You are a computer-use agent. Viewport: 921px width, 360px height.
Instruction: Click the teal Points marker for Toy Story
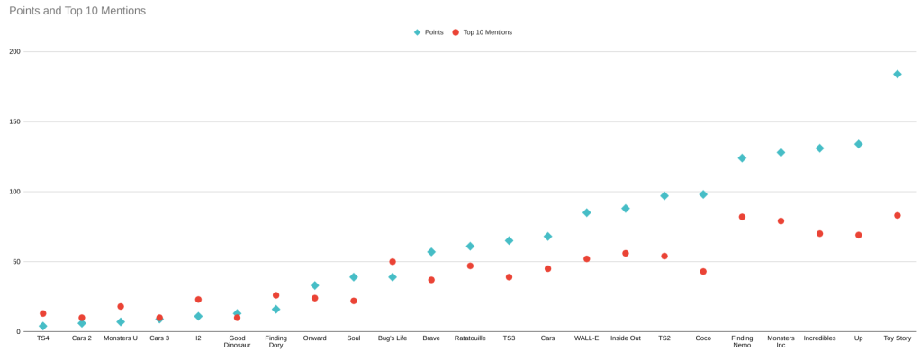point(898,74)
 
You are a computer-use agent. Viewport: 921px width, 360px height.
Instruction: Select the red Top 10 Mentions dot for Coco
point(703,271)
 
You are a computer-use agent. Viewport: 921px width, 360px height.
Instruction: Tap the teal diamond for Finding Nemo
point(742,157)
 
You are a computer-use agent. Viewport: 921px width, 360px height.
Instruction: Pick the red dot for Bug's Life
point(393,262)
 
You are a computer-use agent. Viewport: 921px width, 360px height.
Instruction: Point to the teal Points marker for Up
point(859,144)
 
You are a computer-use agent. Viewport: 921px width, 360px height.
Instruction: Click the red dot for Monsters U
point(121,307)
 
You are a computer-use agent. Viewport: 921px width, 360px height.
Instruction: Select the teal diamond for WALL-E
point(586,212)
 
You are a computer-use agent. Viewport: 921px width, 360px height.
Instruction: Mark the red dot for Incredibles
point(820,234)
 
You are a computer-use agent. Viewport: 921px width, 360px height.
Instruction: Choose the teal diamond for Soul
point(354,277)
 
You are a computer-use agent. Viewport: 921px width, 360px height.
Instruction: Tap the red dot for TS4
point(43,313)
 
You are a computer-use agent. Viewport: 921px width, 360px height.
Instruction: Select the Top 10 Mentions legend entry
point(486,32)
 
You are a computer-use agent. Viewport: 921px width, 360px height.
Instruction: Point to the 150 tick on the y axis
point(14,121)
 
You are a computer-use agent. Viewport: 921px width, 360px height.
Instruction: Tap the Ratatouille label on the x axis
point(470,338)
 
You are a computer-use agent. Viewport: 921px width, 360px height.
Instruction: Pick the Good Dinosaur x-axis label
point(238,342)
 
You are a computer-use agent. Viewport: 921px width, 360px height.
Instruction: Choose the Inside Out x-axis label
point(626,338)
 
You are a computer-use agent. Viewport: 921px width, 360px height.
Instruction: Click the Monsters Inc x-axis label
point(781,342)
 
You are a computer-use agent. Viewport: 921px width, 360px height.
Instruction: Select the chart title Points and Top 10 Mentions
point(77,11)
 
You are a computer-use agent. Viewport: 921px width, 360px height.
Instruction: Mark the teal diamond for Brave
point(431,252)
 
